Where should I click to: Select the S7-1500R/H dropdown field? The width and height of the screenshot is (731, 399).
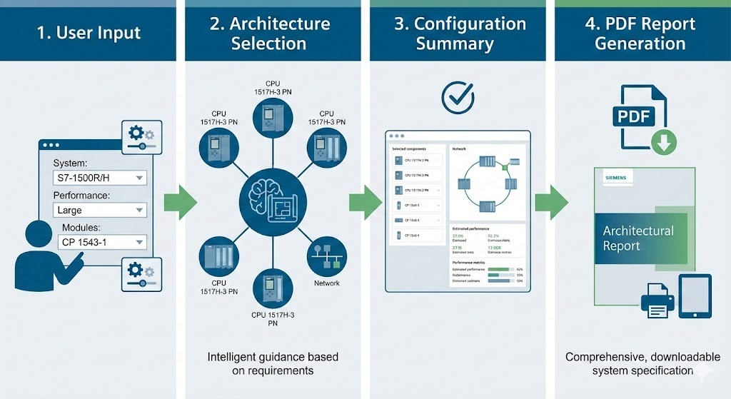coord(100,178)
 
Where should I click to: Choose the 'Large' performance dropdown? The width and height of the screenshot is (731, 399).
coord(100,211)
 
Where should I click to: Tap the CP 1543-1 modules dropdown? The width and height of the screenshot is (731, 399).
coord(104,243)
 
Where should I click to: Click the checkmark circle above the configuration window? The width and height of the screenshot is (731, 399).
coord(457,98)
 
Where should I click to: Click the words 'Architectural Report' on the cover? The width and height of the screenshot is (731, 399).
coord(638,238)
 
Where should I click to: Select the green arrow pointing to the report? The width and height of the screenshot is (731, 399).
coord(551,202)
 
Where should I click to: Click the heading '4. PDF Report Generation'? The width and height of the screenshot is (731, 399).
coord(640,34)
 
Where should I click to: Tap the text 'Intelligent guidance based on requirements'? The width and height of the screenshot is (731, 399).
coord(273,363)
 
